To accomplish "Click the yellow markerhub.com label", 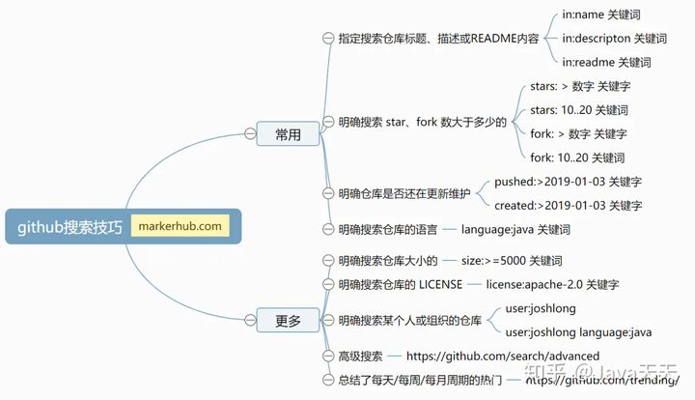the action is tap(181, 226).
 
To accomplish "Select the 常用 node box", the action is tap(288, 133).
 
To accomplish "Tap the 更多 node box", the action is tap(288, 320).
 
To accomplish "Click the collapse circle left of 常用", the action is tap(250, 133).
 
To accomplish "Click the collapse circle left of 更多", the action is tap(250, 320).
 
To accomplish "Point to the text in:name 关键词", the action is tap(601, 14).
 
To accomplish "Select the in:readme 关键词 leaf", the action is tap(606, 62).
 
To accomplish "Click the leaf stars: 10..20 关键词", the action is tap(579, 110).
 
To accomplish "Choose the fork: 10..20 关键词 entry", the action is tap(577, 157).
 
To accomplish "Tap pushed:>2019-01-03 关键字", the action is tap(568, 182).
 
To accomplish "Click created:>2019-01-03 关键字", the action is tap(568, 206).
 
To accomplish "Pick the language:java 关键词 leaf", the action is tap(515, 229).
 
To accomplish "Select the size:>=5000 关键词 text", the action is tap(512, 260).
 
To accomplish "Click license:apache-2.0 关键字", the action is tap(552, 284).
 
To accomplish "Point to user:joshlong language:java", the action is tap(578, 332).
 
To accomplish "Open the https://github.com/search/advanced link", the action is tap(503, 356).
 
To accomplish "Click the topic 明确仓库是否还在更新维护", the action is tap(404, 194).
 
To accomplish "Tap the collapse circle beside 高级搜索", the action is tap(328, 356).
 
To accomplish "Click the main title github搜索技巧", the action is tap(69, 227).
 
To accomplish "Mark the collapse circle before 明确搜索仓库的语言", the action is tap(328, 229).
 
